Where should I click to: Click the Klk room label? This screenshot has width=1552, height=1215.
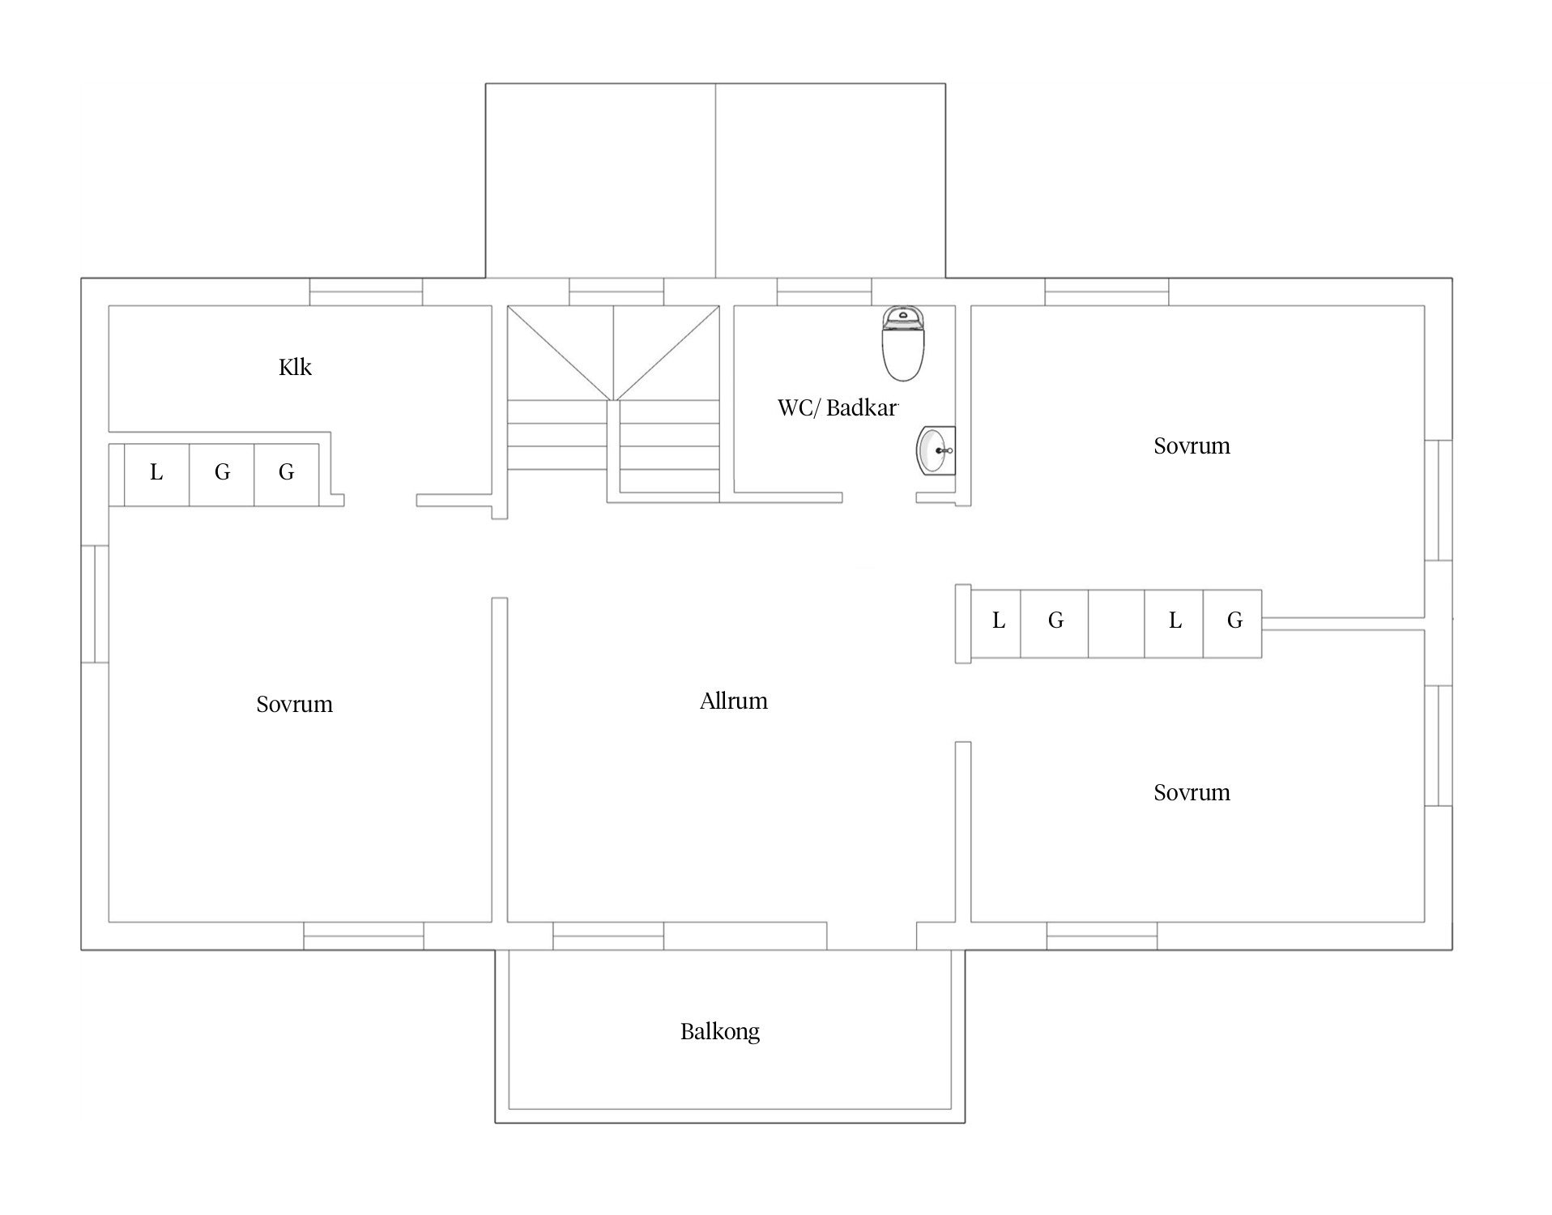[295, 368]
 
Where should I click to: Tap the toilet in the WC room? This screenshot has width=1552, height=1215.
[902, 343]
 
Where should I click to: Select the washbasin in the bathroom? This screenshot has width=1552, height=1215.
[936, 450]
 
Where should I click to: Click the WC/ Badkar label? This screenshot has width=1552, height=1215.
[838, 407]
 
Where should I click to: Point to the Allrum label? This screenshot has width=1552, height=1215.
[734, 701]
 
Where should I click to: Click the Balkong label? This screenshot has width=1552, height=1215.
[720, 1032]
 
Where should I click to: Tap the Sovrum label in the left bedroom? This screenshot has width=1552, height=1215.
[295, 704]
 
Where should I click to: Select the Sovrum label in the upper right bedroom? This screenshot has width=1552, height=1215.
[1192, 446]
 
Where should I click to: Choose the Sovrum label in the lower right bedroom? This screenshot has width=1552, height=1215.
[1192, 792]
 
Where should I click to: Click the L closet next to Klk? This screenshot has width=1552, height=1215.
[156, 475]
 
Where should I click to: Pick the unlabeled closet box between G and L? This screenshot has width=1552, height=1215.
[1116, 624]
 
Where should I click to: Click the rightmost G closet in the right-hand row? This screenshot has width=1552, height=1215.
[1232, 624]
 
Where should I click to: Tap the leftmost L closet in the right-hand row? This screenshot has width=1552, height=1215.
[996, 624]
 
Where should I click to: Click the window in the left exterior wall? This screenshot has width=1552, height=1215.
[95, 604]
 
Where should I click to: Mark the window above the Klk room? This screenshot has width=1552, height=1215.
[366, 292]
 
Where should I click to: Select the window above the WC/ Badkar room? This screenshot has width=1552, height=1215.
[825, 292]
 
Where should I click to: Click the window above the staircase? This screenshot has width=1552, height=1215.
[616, 292]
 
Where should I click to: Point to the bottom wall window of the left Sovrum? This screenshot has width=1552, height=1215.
[364, 936]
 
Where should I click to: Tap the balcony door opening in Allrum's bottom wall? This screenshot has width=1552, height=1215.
[872, 936]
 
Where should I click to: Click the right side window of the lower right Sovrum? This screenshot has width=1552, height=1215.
[1439, 746]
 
